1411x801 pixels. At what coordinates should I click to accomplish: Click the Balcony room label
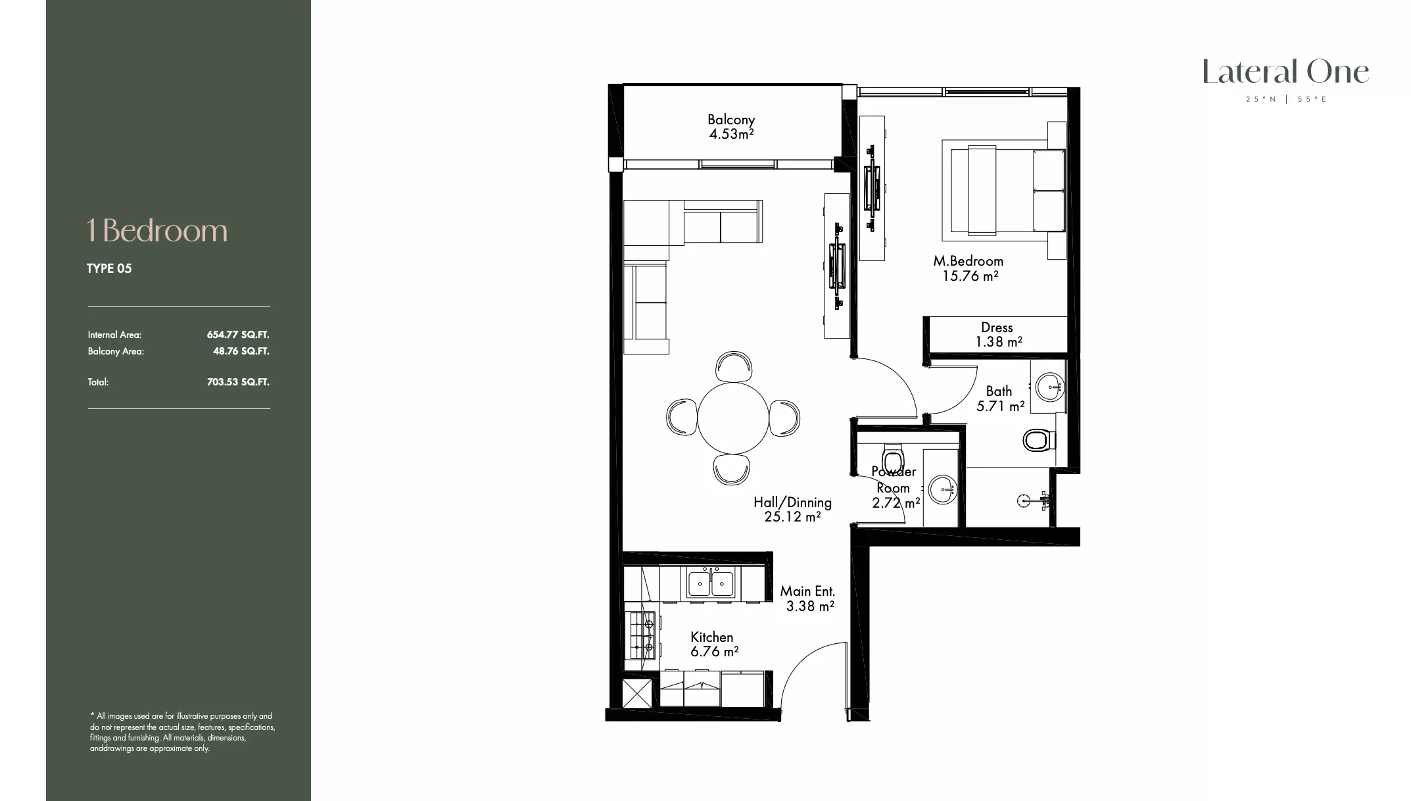point(731,127)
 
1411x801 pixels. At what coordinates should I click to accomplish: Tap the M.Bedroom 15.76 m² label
point(969,268)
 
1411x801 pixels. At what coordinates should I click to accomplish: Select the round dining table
point(732,418)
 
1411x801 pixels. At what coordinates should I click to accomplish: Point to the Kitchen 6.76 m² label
point(714,644)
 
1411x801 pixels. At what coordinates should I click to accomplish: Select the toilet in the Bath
point(1038,440)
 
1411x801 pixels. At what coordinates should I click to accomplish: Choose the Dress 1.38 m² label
point(998,334)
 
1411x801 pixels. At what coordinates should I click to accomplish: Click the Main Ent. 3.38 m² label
point(808,598)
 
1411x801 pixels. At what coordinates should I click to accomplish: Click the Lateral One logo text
point(1285,72)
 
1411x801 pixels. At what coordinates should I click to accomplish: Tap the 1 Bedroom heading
point(157,231)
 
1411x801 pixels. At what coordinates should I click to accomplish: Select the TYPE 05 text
point(109,268)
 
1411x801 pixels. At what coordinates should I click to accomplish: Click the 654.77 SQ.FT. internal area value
point(238,335)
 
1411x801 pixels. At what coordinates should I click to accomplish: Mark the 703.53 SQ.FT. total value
point(238,382)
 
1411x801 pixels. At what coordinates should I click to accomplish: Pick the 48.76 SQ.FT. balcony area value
point(241,351)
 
